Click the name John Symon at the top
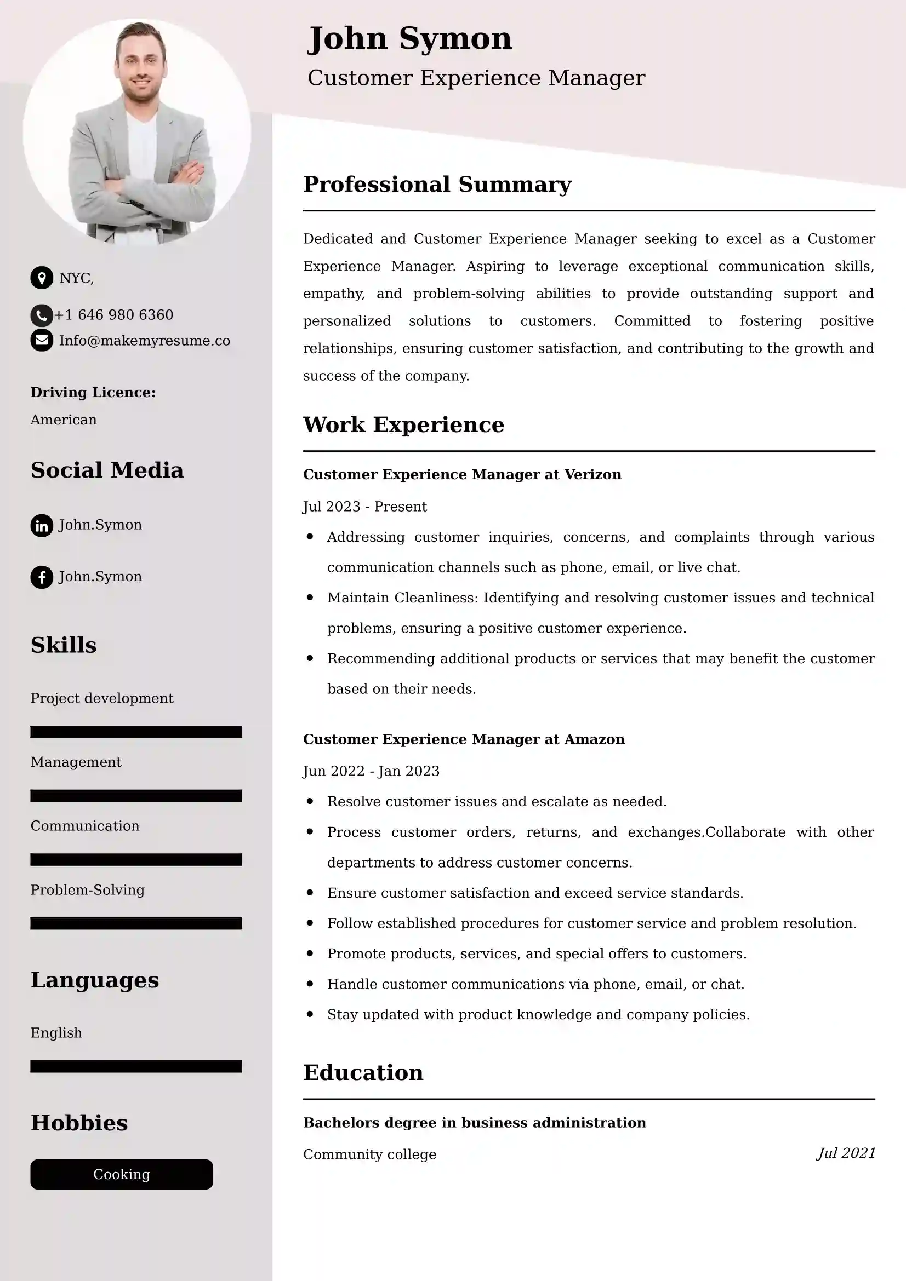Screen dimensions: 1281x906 [409, 39]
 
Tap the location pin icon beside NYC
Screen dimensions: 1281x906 [42, 278]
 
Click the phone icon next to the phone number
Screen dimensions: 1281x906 [41, 315]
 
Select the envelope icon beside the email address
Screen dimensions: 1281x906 [42, 340]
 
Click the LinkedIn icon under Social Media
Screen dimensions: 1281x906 [42, 526]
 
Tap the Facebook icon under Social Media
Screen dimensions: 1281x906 [42, 577]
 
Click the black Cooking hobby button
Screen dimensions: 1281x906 [122, 1174]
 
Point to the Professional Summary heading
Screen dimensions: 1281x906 [437, 185]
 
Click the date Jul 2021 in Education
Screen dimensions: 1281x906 [846, 1153]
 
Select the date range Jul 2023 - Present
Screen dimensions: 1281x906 [364, 507]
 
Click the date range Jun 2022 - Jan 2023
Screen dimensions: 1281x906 [371, 771]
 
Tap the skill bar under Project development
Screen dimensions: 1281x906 [136, 732]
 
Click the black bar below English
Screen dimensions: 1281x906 [136, 1067]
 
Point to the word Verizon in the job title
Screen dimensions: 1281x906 [593, 475]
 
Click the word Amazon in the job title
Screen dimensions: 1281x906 [595, 739]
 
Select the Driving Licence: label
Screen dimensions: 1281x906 [93, 393]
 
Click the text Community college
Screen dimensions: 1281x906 [369, 1154]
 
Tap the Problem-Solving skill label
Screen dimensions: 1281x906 [88, 890]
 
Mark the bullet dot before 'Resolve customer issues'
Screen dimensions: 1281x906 [310, 801]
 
